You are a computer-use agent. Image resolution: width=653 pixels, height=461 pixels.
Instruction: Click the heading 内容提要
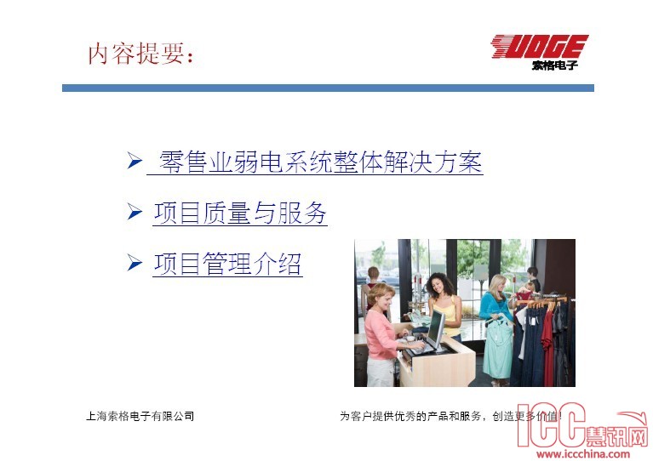[x=140, y=54]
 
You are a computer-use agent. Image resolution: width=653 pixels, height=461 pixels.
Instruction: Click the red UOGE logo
[x=540, y=46]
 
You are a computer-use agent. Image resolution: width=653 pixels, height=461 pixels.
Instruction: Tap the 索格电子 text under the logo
[x=555, y=65]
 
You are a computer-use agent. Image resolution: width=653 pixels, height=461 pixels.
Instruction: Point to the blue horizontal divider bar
[x=328, y=88]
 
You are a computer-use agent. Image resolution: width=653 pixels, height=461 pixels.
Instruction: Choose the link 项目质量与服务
[x=240, y=213]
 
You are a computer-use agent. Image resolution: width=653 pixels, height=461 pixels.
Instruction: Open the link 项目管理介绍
[x=227, y=264]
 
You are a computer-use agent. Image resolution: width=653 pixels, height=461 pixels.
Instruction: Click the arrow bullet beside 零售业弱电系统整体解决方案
[x=135, y=161]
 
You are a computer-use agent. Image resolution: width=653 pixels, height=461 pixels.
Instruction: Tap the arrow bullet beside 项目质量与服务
[x=135, y=212]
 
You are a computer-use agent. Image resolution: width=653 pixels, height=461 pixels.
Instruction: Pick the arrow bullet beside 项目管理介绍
[x=135, y=263]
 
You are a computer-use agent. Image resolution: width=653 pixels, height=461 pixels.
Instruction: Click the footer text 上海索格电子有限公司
[x=140, y=416]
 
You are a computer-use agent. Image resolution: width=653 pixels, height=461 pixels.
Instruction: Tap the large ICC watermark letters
[x=552, y=424]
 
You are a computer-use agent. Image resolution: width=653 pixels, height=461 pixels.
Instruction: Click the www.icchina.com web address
[x=583, y=454]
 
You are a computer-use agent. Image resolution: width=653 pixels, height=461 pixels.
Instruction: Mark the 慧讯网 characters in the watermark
[x=617, y=436]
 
